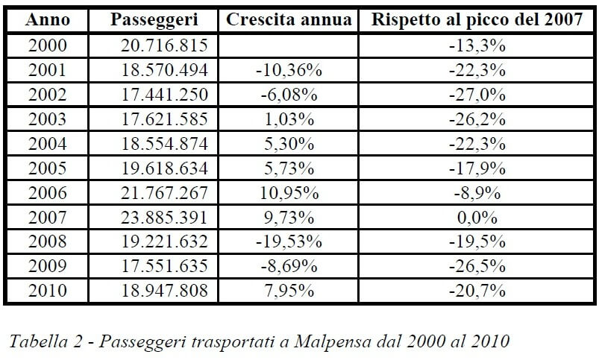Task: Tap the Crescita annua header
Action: (288, 20)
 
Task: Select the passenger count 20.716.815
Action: (163, 45)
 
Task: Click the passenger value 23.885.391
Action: (163, 217)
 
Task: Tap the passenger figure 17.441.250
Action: (163, 95)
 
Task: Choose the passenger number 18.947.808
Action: (163, 290)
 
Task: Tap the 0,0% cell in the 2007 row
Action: (477, 217)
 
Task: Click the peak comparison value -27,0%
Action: (477, 95)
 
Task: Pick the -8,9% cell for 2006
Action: (477, 192)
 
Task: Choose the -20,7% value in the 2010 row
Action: (477, 290)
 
